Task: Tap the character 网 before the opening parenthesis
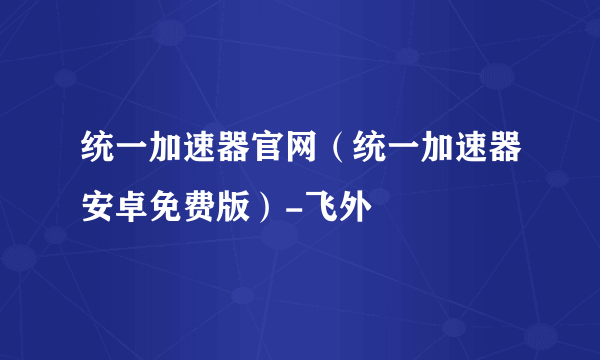299,155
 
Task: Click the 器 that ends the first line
500,155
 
